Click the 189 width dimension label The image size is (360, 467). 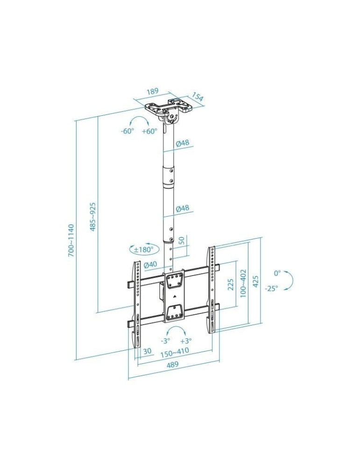(x=153, y=91)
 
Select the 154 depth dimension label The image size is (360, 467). (x=198, y=97)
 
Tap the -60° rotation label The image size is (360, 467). (x=127, y=131)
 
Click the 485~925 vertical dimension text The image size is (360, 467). (x=93, y=216)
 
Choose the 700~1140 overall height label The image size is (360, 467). (x=71, y=240)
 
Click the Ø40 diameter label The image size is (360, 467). (x=150, y=265)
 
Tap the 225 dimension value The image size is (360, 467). (x=231, y=284)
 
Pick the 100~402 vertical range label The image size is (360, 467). (x=243, y=283)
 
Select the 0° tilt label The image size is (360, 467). (x=277, y=273)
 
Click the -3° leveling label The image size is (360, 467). (x=165, y=341)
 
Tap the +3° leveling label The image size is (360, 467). (x=186, y=341)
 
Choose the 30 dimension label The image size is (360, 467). (x=147, y=351)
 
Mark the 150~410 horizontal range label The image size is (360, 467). (x=175, y=354)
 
